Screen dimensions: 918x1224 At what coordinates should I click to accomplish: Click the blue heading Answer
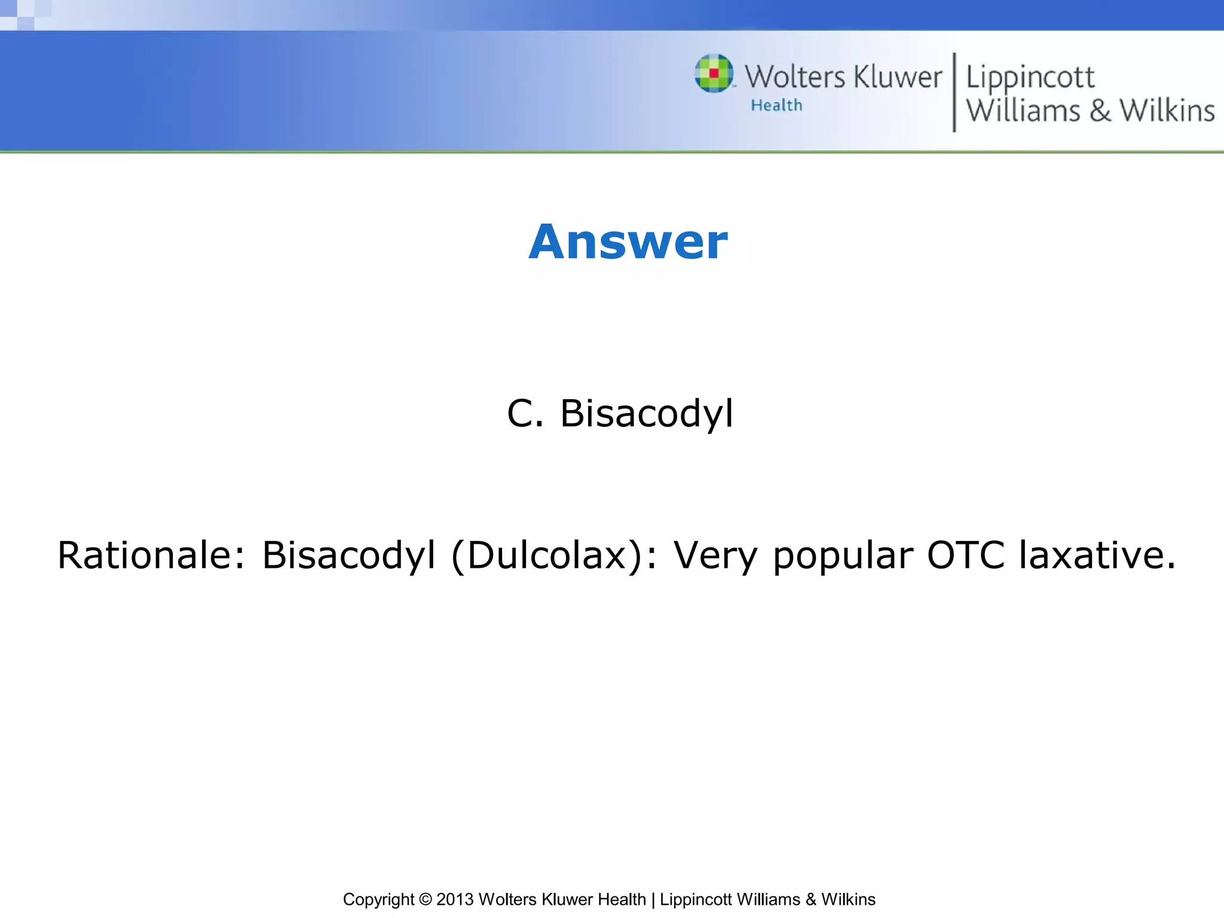tap(628, 242)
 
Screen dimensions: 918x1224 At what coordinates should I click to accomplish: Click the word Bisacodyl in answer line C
tap(646, 414)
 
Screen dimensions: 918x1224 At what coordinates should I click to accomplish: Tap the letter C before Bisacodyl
tap(519, 414)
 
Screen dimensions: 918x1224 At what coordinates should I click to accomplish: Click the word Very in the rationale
tap(715, 555)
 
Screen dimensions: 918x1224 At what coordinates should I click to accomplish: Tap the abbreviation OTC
tap(965, 555)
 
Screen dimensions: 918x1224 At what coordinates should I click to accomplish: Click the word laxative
tap(1097, 555)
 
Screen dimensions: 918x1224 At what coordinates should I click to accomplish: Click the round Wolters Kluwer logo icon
tap(714, 74)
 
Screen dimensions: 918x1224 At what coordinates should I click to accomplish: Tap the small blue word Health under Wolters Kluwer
tap(776, 106)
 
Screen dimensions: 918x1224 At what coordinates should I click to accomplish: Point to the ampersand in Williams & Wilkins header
tap(1100, 111)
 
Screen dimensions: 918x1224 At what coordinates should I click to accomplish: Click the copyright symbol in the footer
tap(425, 899)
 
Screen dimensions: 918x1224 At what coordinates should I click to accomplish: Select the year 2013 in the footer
tap(455, 899)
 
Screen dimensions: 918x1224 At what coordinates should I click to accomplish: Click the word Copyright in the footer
tap(378, 899)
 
